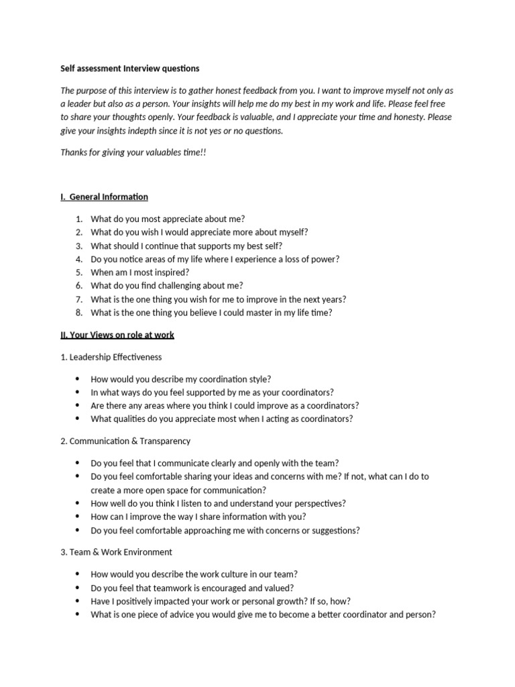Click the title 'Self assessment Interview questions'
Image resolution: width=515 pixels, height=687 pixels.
pyautogui.click(x=129, y=68)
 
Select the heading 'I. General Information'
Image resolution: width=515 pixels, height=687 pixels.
pyautogui.click(x=104, y=197)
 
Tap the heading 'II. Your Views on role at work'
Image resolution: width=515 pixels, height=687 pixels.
pyautogui.click(x=117, y=334)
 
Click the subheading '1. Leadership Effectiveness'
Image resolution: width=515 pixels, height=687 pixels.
pyautogui.click(x=111, y=357)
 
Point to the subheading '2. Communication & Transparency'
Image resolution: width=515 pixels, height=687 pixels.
pyautogui.click(x=125, y=441)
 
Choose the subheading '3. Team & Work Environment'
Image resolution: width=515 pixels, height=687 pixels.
pyautogui.click(x=116, y=552)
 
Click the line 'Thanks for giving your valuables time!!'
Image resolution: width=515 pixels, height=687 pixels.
pyautogui.click(x=133, y=152)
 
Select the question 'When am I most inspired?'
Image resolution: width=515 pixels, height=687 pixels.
pyautogui.click(x=139, y=272)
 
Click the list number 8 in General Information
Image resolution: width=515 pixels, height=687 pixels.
pyautogui.click(x=78, y=313)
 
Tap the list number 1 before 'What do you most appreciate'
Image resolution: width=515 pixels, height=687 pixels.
pyautogui.click(x=78, y=219)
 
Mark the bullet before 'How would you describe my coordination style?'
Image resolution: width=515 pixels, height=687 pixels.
pyautogui.click(x=78, y=379)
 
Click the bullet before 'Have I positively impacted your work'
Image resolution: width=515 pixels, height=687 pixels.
pyautogui.click(x=78, y=601)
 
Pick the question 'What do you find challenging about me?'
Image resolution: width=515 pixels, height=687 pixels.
pyautogui.click(x=166, y=286)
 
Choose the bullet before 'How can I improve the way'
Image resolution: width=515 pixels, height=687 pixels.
pyautogui.click(x=78, y=517)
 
